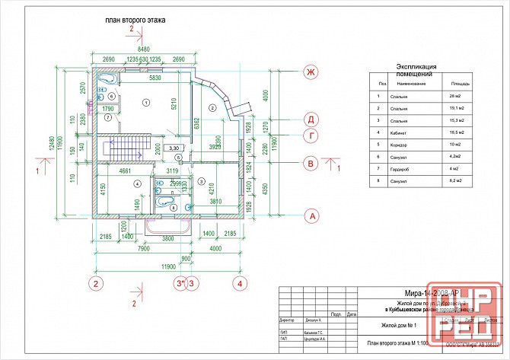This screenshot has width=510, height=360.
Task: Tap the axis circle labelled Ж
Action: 310,72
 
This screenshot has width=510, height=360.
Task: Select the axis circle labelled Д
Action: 310,119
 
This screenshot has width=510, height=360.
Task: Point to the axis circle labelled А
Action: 310,216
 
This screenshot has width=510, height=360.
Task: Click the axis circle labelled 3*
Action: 180,284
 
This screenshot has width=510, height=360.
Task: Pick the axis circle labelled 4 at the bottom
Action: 240,284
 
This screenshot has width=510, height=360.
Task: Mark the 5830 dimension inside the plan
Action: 155,78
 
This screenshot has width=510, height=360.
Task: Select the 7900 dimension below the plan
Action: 137,247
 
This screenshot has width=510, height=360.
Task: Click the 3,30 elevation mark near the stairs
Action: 173,148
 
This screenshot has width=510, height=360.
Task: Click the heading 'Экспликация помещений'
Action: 416,71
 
